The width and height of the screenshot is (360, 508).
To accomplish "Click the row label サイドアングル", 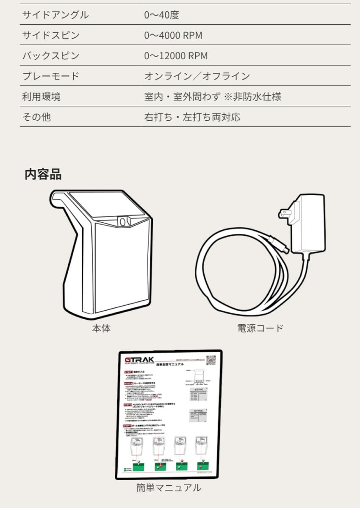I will [x=55, y=15].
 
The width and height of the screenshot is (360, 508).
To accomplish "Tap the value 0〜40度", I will [x=161, y=15].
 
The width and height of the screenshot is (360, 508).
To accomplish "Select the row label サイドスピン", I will [x=50, y=36].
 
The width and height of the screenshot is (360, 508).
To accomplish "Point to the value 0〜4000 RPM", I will [x=173, y=36].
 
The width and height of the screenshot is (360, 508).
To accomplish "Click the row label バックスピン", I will [x=50, y=56].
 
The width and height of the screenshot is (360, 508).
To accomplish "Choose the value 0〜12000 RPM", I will [x=176, y=56].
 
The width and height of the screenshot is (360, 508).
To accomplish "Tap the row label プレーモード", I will [x=50, y=76].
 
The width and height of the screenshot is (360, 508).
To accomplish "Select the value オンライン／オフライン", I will [x=197, y=76].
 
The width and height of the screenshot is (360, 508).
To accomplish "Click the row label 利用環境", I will [x=41, y=97].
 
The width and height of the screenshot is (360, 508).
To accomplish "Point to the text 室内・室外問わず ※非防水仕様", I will [x=213, y=97].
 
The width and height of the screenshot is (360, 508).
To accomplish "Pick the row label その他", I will [x=36, y=117].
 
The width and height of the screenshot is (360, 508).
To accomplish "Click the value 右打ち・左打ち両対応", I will [x=192, y=117].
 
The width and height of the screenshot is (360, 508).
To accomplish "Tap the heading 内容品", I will [x=43, y=174].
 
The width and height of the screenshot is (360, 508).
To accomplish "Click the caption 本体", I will [x=101, y=328].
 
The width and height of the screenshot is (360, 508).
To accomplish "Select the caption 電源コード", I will [x=260, y=328].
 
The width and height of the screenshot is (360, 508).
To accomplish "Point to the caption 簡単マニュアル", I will [x=169, y=488].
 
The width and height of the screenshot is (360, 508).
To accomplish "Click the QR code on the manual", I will [x=210, y=360].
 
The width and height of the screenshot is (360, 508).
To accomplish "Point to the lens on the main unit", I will [x=123, y=221].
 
